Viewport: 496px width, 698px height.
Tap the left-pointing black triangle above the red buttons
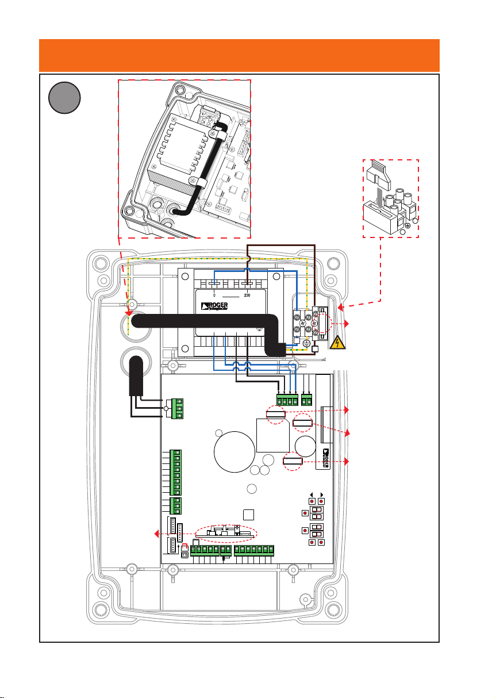[312, 494]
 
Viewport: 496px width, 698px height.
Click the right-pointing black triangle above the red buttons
[321, 494]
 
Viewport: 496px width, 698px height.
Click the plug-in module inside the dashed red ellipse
[225, 533]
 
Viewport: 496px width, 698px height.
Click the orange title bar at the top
[239, 55]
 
